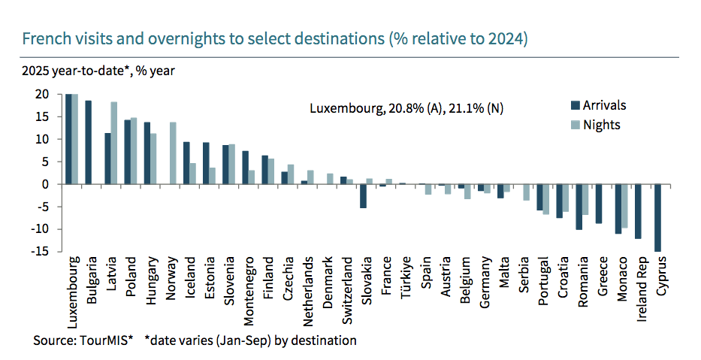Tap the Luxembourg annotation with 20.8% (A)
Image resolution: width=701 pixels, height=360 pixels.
(406, 108)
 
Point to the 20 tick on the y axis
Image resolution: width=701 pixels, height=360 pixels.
(41, 95)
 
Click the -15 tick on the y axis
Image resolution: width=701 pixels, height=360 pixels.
(39, 252)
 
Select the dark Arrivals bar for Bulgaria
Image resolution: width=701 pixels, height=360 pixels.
(89, 142)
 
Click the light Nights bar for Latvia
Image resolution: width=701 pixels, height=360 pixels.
(114, 143)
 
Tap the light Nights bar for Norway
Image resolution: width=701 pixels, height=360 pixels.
(173, 153)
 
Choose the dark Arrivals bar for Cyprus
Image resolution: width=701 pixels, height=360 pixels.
(658, 218)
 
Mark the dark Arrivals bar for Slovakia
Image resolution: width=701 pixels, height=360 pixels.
(363, 196)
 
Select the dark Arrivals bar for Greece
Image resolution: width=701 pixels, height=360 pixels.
(599, 204)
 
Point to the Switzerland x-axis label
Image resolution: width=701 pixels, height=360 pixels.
(344, 292)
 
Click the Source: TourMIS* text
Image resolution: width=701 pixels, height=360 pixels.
(83, 340)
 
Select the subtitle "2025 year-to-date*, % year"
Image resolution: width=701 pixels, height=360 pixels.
(98, 72)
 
